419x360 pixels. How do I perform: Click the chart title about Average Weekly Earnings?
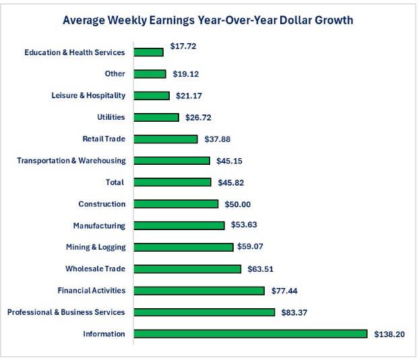pyautogui.click(x=207, y=20)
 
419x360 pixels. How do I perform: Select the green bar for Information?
pyautogui.click(x=251, y=334)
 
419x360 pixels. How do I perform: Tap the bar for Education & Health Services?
pyautogui.click(x=148, y=52)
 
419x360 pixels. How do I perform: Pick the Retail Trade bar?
pyautogui.click(x=166, y=139)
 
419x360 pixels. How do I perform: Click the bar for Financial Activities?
pyautogui.click(x=199, y=291)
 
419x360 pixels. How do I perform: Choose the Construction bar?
pyautogui.click(x=176, y=204)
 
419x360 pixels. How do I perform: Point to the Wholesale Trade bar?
pyautogui.click(x=187, y=269)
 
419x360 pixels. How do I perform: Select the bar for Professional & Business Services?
pyautogui.click(x=204, y=312)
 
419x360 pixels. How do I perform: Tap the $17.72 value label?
pyautogui.click(x=183, y=46)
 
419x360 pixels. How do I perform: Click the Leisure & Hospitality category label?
pyautogui.click(x=88, y=96)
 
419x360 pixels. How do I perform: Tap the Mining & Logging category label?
pyautogui.click(x=96, y=247)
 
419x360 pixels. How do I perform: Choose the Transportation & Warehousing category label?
pyautogui.click(x=71, y=161)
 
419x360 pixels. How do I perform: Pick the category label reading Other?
pyautogui.click(x=115, y=74)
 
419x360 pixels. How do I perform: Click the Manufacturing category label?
pyautogui.click(x=99, y=225)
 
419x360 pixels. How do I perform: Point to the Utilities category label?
pyautogui.click(x=111, y=117)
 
